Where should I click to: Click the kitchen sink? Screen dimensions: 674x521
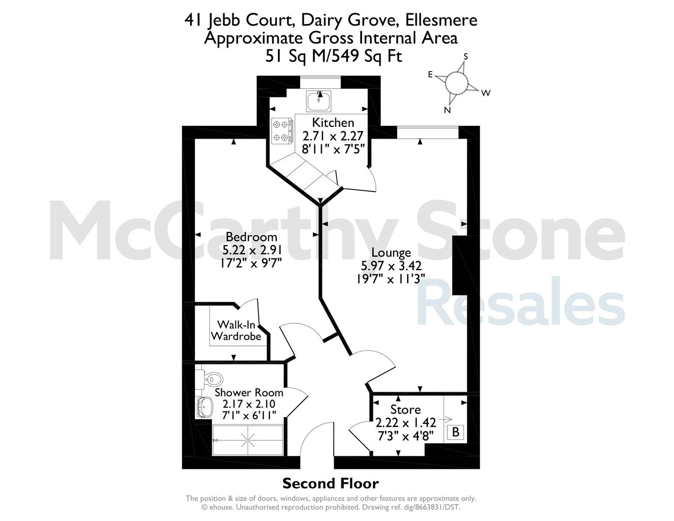pos(318,101)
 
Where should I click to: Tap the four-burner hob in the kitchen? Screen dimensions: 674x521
pos(282,131)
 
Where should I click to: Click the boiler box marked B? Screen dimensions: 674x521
pos(455,432)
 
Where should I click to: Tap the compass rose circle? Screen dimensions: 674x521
pos(456,83)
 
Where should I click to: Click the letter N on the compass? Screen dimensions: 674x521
pos(447,110)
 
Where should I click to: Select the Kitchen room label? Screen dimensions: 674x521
pos(333,123)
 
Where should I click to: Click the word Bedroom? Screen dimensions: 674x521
pos(251,237)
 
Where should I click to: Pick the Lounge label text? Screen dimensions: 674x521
pos(391,253)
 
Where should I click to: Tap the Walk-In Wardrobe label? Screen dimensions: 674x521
pos(236,330)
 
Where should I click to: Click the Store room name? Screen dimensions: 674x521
pos(405,410)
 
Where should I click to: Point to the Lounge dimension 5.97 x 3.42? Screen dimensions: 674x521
pos(391,266)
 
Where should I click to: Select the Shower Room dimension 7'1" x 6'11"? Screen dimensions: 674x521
pos(249,415)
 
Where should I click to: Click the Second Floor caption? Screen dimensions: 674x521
pos(330,483)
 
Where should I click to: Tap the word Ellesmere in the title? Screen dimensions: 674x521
pos(441,20)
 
